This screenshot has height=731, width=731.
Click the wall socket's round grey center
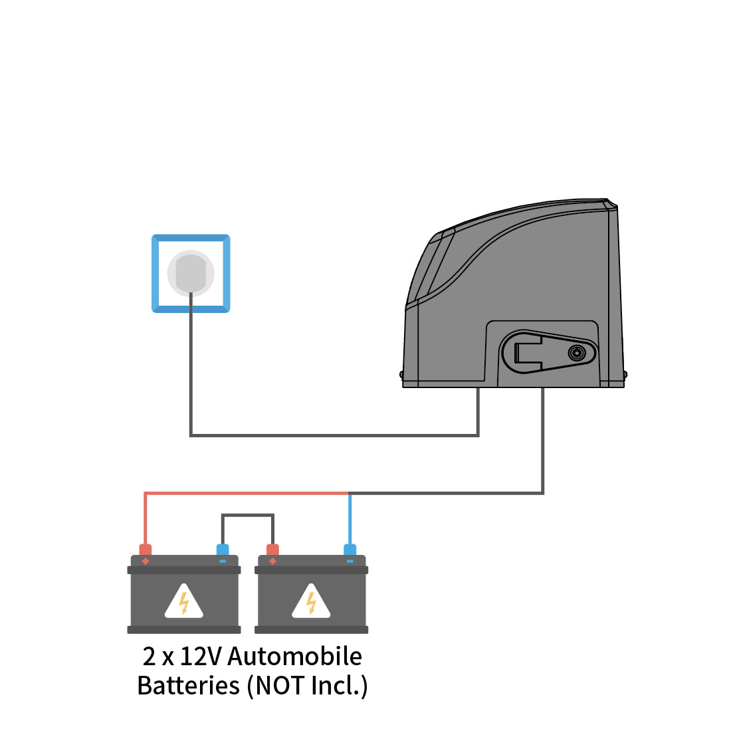[x=191, y=272]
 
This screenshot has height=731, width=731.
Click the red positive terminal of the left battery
[x=145, y=550]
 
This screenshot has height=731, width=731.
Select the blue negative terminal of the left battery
[x=223, y=550]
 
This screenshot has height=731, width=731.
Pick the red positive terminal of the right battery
[x=272, y=550]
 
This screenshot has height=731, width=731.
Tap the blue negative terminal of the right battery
[x=350, y=550]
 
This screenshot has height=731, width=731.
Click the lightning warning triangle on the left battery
[x=184, y=601]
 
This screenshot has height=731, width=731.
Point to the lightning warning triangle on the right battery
[x=311, y=601]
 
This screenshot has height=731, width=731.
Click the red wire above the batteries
[x=246, y=493]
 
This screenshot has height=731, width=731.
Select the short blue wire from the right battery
[x=350, y=518]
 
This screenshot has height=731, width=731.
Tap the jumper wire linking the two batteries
[x=247, y=514]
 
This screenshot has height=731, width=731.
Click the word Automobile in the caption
[x=294, y=656]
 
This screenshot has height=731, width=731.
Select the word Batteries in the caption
[x=188, y=685]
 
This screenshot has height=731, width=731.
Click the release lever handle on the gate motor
[x=532, y=352]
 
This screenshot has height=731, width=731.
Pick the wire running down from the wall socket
[x=191, y=372]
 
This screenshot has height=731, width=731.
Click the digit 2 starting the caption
[x=149, y=656]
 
